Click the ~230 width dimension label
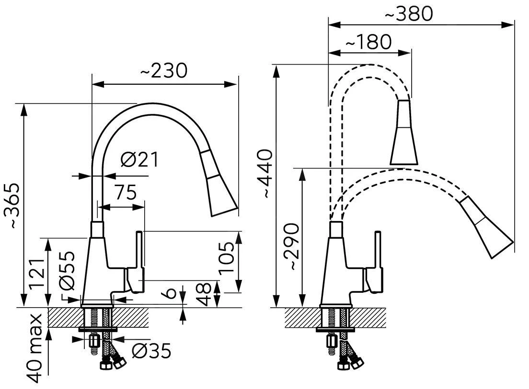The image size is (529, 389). click(163, 71)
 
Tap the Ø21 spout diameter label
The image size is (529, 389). click(139, 160)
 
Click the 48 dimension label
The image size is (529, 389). click(205, 294)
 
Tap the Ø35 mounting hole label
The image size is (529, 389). click(150, 352)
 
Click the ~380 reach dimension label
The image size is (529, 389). click(409, 14)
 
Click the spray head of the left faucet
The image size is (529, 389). click(218, 184)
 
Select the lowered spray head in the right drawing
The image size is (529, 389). click(486, 227)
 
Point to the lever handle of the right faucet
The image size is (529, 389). click(378, 261)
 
